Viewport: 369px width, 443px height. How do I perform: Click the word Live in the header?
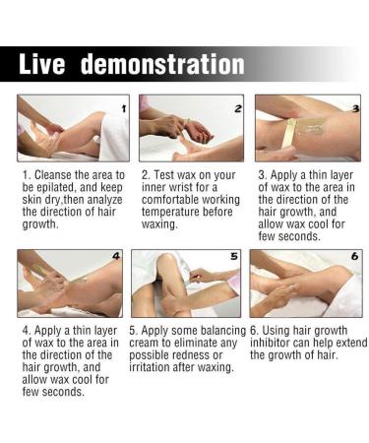41,64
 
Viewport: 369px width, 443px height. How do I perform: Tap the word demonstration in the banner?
162,64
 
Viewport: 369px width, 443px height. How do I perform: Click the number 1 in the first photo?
124,108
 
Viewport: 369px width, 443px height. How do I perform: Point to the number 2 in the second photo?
238,108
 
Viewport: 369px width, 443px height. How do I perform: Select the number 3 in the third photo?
356,108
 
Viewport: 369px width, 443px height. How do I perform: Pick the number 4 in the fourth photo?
116,256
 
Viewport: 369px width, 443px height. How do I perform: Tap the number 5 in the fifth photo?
233,256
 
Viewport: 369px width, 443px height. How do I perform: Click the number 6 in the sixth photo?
355,256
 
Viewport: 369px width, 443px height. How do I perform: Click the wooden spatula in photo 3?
290,135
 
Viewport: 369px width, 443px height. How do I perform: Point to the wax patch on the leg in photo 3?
311,128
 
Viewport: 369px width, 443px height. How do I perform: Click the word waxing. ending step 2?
159,224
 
